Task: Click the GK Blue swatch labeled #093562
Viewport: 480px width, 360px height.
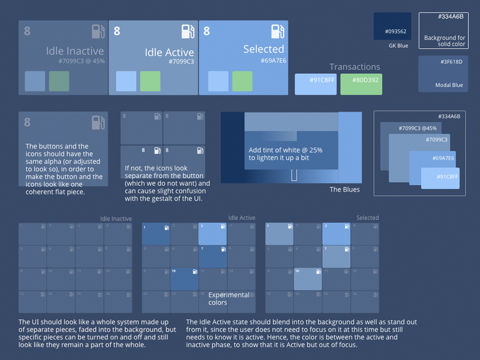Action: click(392, 26)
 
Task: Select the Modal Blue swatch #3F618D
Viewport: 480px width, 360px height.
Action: click(443, 73)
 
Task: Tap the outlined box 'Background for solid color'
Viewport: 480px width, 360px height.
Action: click(443, 31)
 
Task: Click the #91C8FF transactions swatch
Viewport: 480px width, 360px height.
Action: click(315, 84)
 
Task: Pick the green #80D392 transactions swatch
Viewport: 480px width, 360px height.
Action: click(361, 84)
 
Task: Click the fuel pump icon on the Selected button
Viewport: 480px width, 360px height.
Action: click(277, 31)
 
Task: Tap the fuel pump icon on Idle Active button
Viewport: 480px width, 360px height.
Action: click(188, 31)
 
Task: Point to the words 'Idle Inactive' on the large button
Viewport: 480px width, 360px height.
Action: click(75, 51)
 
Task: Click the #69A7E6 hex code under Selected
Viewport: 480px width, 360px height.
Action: click(273, 61)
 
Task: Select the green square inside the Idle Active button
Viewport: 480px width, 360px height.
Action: click(150, 81)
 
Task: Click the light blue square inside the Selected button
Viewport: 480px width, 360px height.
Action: click(218, 81)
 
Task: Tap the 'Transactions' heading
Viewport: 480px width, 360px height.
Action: click(354, 67)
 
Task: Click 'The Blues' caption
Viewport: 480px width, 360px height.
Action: click(344, 189)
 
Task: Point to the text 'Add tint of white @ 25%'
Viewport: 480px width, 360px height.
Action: click(285, 150)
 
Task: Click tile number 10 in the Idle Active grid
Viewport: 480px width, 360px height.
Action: click(184, 279)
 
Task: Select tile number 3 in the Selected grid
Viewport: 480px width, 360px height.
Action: click(336, 234)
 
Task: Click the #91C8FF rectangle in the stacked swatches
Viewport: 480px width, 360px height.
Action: click(440, 178)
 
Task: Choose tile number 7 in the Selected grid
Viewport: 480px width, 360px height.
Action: click(336, 256)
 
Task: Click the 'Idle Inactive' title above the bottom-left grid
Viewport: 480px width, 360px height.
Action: click(116, 219)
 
